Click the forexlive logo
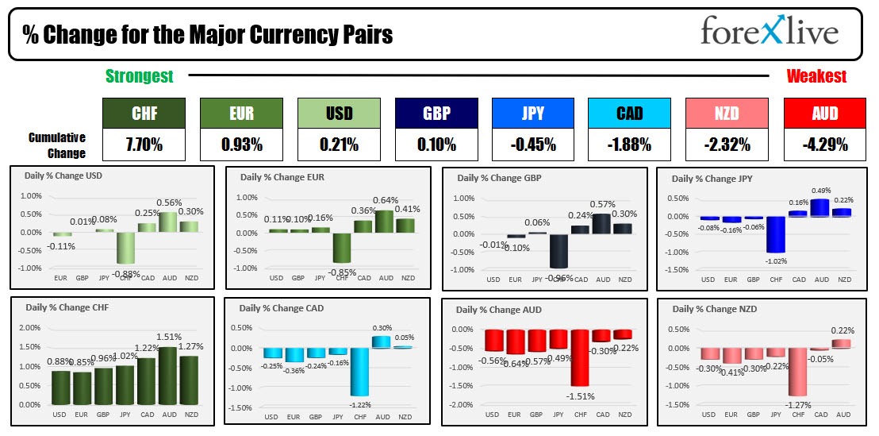(x=769, y=32)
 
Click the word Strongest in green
(x=140, y=76)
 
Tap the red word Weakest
(x=816, y=76)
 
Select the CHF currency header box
(x=144, y=114)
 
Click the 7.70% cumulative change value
(x=144, y=145)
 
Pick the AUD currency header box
(x=824, y=114)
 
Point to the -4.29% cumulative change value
(x=824, y=145)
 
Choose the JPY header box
(x=533, y=114)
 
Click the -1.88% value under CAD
(x=629, y=145)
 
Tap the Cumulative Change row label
(x=57, y=145)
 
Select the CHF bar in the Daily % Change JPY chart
(x=776, y=234)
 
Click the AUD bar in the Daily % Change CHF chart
(x=167, y=375)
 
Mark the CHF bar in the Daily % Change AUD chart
(x=579, y=357)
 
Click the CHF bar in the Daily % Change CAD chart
(x=360, y=371)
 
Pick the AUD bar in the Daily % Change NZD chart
(x=842, y=344)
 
